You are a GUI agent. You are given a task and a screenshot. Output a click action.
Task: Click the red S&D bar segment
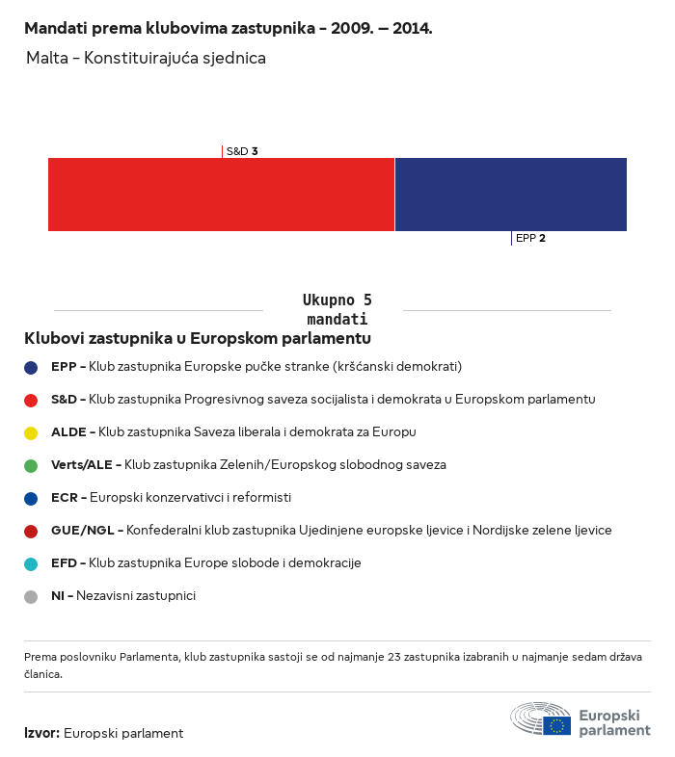222,195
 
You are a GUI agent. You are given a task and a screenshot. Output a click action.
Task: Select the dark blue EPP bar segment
511,195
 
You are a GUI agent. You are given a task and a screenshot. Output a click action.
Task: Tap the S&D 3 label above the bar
242,151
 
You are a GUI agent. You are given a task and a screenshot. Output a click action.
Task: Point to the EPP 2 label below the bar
530,238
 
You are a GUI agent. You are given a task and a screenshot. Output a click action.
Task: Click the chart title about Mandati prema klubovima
229,29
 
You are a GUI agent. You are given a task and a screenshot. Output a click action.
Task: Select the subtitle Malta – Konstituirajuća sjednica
146,58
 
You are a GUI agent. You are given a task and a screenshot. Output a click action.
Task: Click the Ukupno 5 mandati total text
337,309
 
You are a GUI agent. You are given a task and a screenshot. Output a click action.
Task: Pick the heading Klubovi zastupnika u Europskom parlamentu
198,338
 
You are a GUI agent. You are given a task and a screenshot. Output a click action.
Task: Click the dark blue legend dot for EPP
31,368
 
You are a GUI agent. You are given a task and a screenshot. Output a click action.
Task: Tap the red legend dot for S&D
31,401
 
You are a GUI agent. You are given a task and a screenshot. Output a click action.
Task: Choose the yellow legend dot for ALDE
31,433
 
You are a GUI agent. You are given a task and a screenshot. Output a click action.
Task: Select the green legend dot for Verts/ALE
31,466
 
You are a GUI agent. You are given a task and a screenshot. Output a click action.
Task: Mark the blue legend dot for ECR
31,499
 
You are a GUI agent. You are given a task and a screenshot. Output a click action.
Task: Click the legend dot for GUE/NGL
31,532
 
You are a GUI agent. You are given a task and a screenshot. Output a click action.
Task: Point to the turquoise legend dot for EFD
31,564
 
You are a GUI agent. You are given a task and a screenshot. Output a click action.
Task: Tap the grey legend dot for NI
31,597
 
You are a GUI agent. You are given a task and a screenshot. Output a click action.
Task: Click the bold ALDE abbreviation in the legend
68,432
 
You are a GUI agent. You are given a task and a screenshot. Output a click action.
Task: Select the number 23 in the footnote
394,657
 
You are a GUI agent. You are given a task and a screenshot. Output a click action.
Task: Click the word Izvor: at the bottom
42,733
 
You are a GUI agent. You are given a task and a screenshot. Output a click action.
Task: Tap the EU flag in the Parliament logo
556,725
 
